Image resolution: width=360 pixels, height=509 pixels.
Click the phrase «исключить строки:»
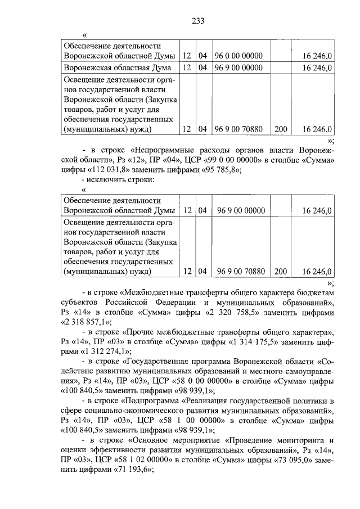(x=121, y=179)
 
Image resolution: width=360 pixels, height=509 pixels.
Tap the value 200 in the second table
(x=280, y=271)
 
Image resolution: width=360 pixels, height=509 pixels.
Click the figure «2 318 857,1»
(x=85, y=322)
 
